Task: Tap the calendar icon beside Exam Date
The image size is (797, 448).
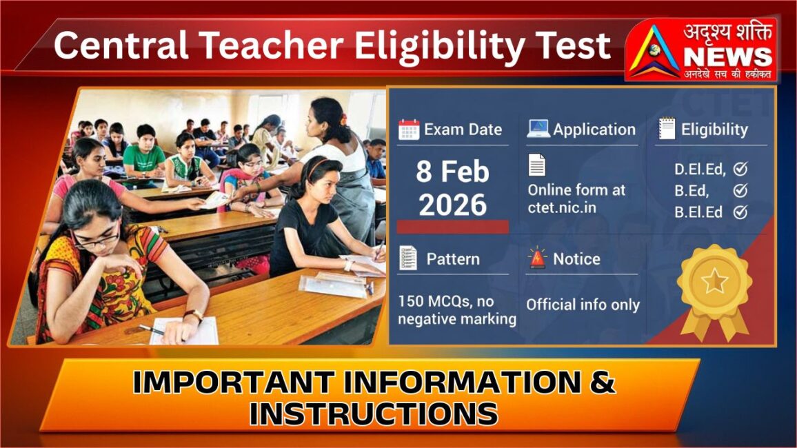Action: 409,130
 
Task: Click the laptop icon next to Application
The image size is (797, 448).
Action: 538,129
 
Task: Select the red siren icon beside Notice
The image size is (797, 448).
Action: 537,258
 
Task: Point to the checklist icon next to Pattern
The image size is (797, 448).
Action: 408,258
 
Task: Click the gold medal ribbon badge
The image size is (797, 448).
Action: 715,289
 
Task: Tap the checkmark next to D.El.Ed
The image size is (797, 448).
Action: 740,169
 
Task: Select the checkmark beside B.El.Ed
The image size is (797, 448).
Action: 740,212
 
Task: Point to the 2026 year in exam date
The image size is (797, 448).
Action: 452,205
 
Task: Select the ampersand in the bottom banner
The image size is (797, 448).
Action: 603,383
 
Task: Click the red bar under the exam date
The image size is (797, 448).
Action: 453,227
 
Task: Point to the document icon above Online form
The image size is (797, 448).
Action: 537,165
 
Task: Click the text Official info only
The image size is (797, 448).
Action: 583,305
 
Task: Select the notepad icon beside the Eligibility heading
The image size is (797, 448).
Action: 667,129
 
